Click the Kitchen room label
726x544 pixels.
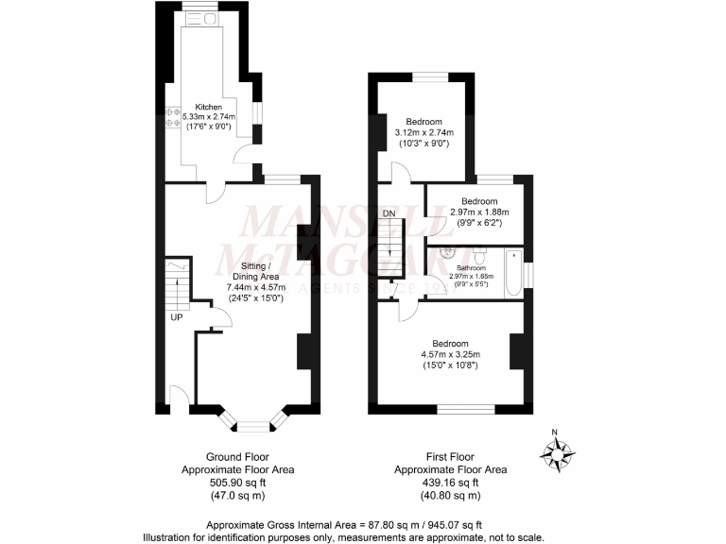[x=208, y=107]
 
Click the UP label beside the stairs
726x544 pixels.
[x=177, y=317]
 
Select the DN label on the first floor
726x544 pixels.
[x=389, y=214]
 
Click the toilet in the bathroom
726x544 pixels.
[x=479, y=257]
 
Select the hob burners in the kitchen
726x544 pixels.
[x=173, y=118]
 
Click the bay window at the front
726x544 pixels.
[x=250, y=418]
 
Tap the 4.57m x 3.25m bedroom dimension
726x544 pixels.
[x=450, y=354]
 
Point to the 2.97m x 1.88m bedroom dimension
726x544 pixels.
[x=479, y=212]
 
